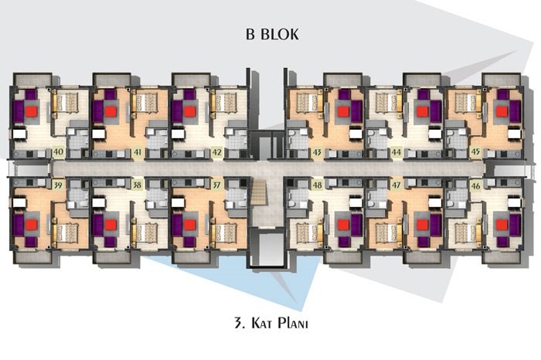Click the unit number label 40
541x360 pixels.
pyautogui.click(x=58, y=151)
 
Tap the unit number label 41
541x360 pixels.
pyautogui.click(x=138, y=151)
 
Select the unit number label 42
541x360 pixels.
pyautogui.click(x=216, y=151)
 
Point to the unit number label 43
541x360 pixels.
pyautogui.click(x=317, y=151)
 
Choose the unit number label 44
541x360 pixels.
pyautogui.click(x=396, y=151)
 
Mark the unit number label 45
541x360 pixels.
pyautogui.click(x=475, y=151)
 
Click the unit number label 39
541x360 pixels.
pyautogui.click(x=58, y=185)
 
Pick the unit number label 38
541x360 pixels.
pyautogui.click(x=137, y=185)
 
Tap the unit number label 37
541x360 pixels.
pyautogui.click(x=216, y=185)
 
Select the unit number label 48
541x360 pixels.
pyautogui.click(x=317, y=185)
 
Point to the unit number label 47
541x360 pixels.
pyautogui.click(x=396, y=185)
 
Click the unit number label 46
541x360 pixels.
pyautogui.click(x=475, y=186)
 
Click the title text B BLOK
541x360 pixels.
pyautogui.click(x=272, y=34)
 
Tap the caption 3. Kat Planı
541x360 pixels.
pyautogui.click(x=271, y=324)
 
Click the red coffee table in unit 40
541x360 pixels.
pyautogui.click(x=32, y=111)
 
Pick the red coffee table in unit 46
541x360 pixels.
pyautogui.click(x=502, y=225)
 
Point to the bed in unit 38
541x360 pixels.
pyautogui.click(x=147, y=233)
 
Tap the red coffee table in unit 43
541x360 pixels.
pyautogui.click(x=343, y=111)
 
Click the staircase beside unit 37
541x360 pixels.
pyautogui.click(x=260, y=196)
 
